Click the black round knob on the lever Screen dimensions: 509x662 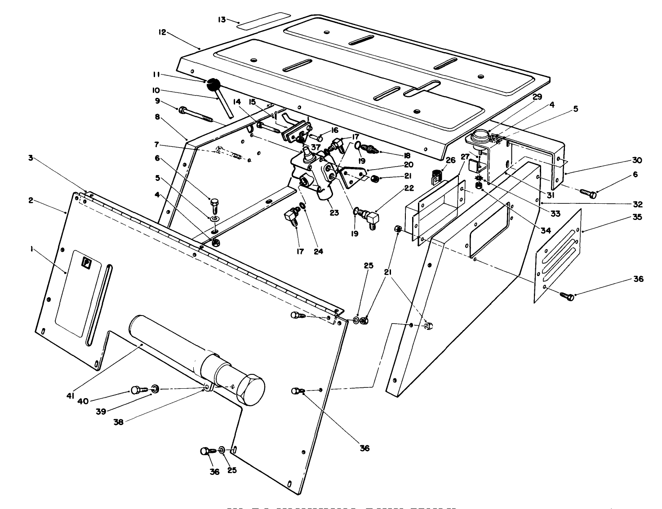214,84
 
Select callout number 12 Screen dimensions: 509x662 162,32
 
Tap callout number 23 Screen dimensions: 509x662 334,213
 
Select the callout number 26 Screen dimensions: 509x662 450,160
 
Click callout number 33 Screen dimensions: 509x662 555,214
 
